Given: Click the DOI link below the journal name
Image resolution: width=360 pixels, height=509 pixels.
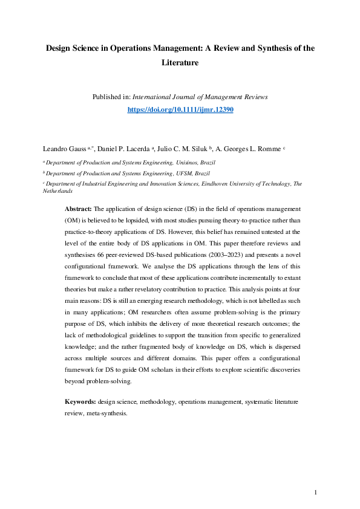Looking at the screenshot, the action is click(180, 110).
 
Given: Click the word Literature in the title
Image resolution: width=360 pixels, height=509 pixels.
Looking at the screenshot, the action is click(180, 62).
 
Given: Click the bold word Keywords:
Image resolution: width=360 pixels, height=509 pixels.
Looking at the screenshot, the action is click(80, 401).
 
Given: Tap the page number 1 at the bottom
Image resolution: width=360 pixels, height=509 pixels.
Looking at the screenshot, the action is click(316, 493).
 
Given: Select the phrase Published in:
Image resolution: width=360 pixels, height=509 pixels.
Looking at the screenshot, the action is click(111, 97).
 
